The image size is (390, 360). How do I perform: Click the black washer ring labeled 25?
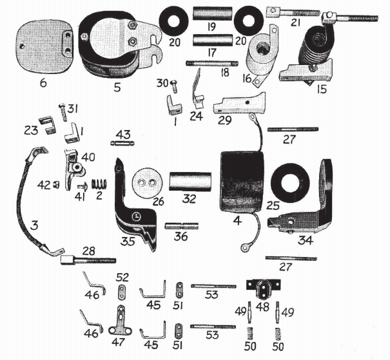point(295,181)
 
